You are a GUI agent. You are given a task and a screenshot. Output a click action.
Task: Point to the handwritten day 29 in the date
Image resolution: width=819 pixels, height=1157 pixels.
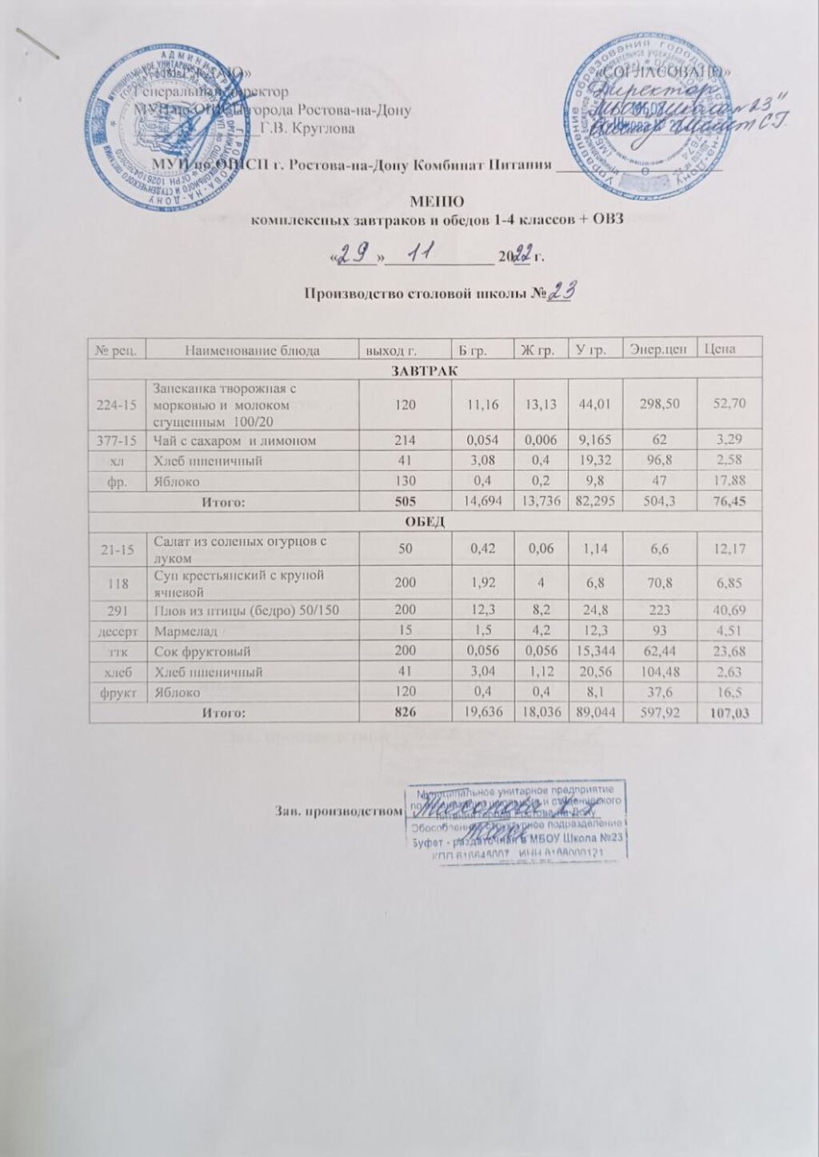point(352,254)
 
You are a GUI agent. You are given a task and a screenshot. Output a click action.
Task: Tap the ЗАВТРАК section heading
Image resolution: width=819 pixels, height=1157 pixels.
point(424,371)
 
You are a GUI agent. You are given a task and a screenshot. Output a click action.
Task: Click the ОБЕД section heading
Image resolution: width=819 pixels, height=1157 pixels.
point(424,521)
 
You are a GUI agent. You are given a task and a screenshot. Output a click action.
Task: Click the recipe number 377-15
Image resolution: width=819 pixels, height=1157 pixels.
point(118,440)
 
